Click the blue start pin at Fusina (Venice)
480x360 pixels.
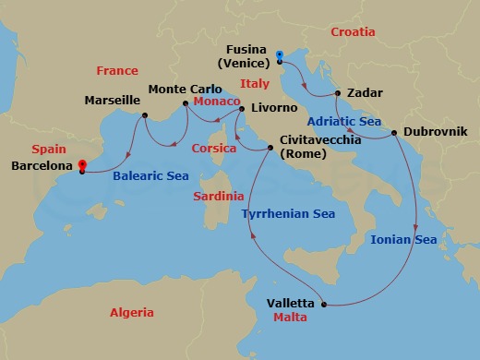coord(280,56)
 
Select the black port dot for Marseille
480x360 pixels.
coord(145,115)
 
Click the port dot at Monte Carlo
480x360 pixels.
coord(186,103)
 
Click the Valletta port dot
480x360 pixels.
coord(324,304)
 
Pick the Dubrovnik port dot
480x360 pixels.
coord(395,133)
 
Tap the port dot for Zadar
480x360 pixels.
coord(339,93)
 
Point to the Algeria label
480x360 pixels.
coord(131,313)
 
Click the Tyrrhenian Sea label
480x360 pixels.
coord(288,214)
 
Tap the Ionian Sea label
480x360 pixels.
coord(403,239)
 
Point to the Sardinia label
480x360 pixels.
coord(219,196)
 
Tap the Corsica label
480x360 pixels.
coord(214,148)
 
